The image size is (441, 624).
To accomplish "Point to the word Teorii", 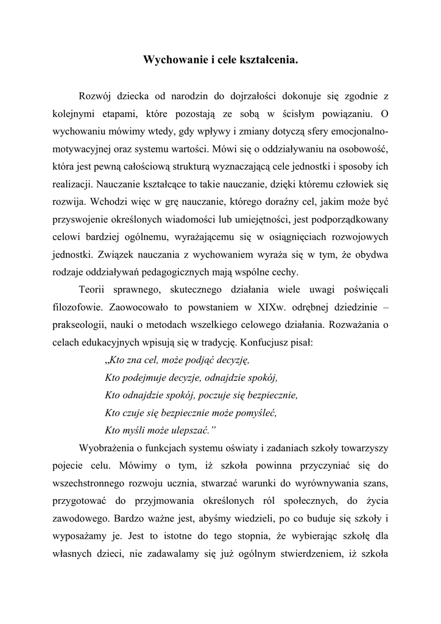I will click(93, 289).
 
